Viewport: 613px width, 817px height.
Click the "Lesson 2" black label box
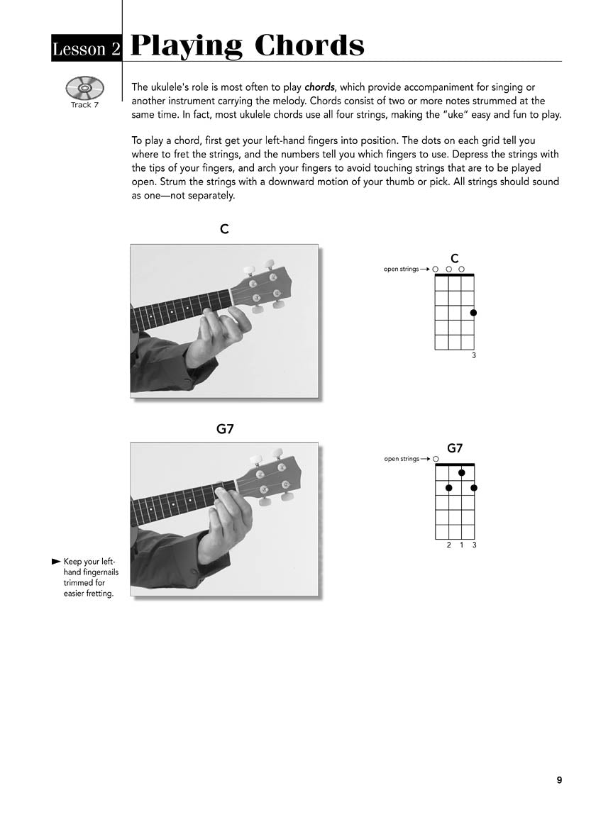tap(87, 48)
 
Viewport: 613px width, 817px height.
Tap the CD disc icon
tap(84, 89)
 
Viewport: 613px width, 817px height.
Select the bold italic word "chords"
tap(319, 87)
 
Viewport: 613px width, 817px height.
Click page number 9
tap(559, 780)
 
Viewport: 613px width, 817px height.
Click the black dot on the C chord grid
tap(473, 313)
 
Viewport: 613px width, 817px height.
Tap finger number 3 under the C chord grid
tap(474, 355)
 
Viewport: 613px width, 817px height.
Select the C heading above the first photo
tap(224, 230)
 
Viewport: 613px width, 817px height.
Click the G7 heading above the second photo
tap(224, 429)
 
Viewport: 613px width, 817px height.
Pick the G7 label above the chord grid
tap(455, 448)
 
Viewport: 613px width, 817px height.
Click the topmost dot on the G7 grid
tap(461, 473)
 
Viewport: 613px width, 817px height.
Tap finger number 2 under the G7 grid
tap(448, 545)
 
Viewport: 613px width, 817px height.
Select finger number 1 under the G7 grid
tap(461, 545)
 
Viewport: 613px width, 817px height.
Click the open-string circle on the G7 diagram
tap(436, 459)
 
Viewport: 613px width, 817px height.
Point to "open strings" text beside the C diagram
tap(401, 269)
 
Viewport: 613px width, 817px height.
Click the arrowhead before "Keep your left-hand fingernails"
tap(56, 562)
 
